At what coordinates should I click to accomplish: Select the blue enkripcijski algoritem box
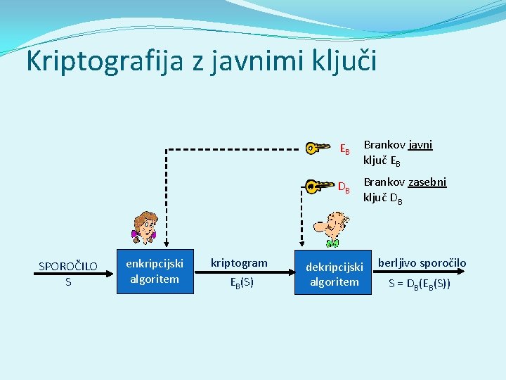pos(155,271)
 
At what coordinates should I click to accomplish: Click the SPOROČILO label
pos(68,266)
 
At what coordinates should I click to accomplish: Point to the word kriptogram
pos(240,263)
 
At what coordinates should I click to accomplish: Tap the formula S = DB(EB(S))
pos(420,284)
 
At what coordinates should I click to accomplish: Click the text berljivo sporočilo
pos(422,263)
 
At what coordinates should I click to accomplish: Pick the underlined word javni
pos(420,145)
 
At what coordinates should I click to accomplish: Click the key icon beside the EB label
pos(318,148)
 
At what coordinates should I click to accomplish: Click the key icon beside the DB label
pos(320,186)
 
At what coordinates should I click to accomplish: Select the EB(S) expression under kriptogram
pos(242,283)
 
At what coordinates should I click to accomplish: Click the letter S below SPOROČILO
pos(68,281)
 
